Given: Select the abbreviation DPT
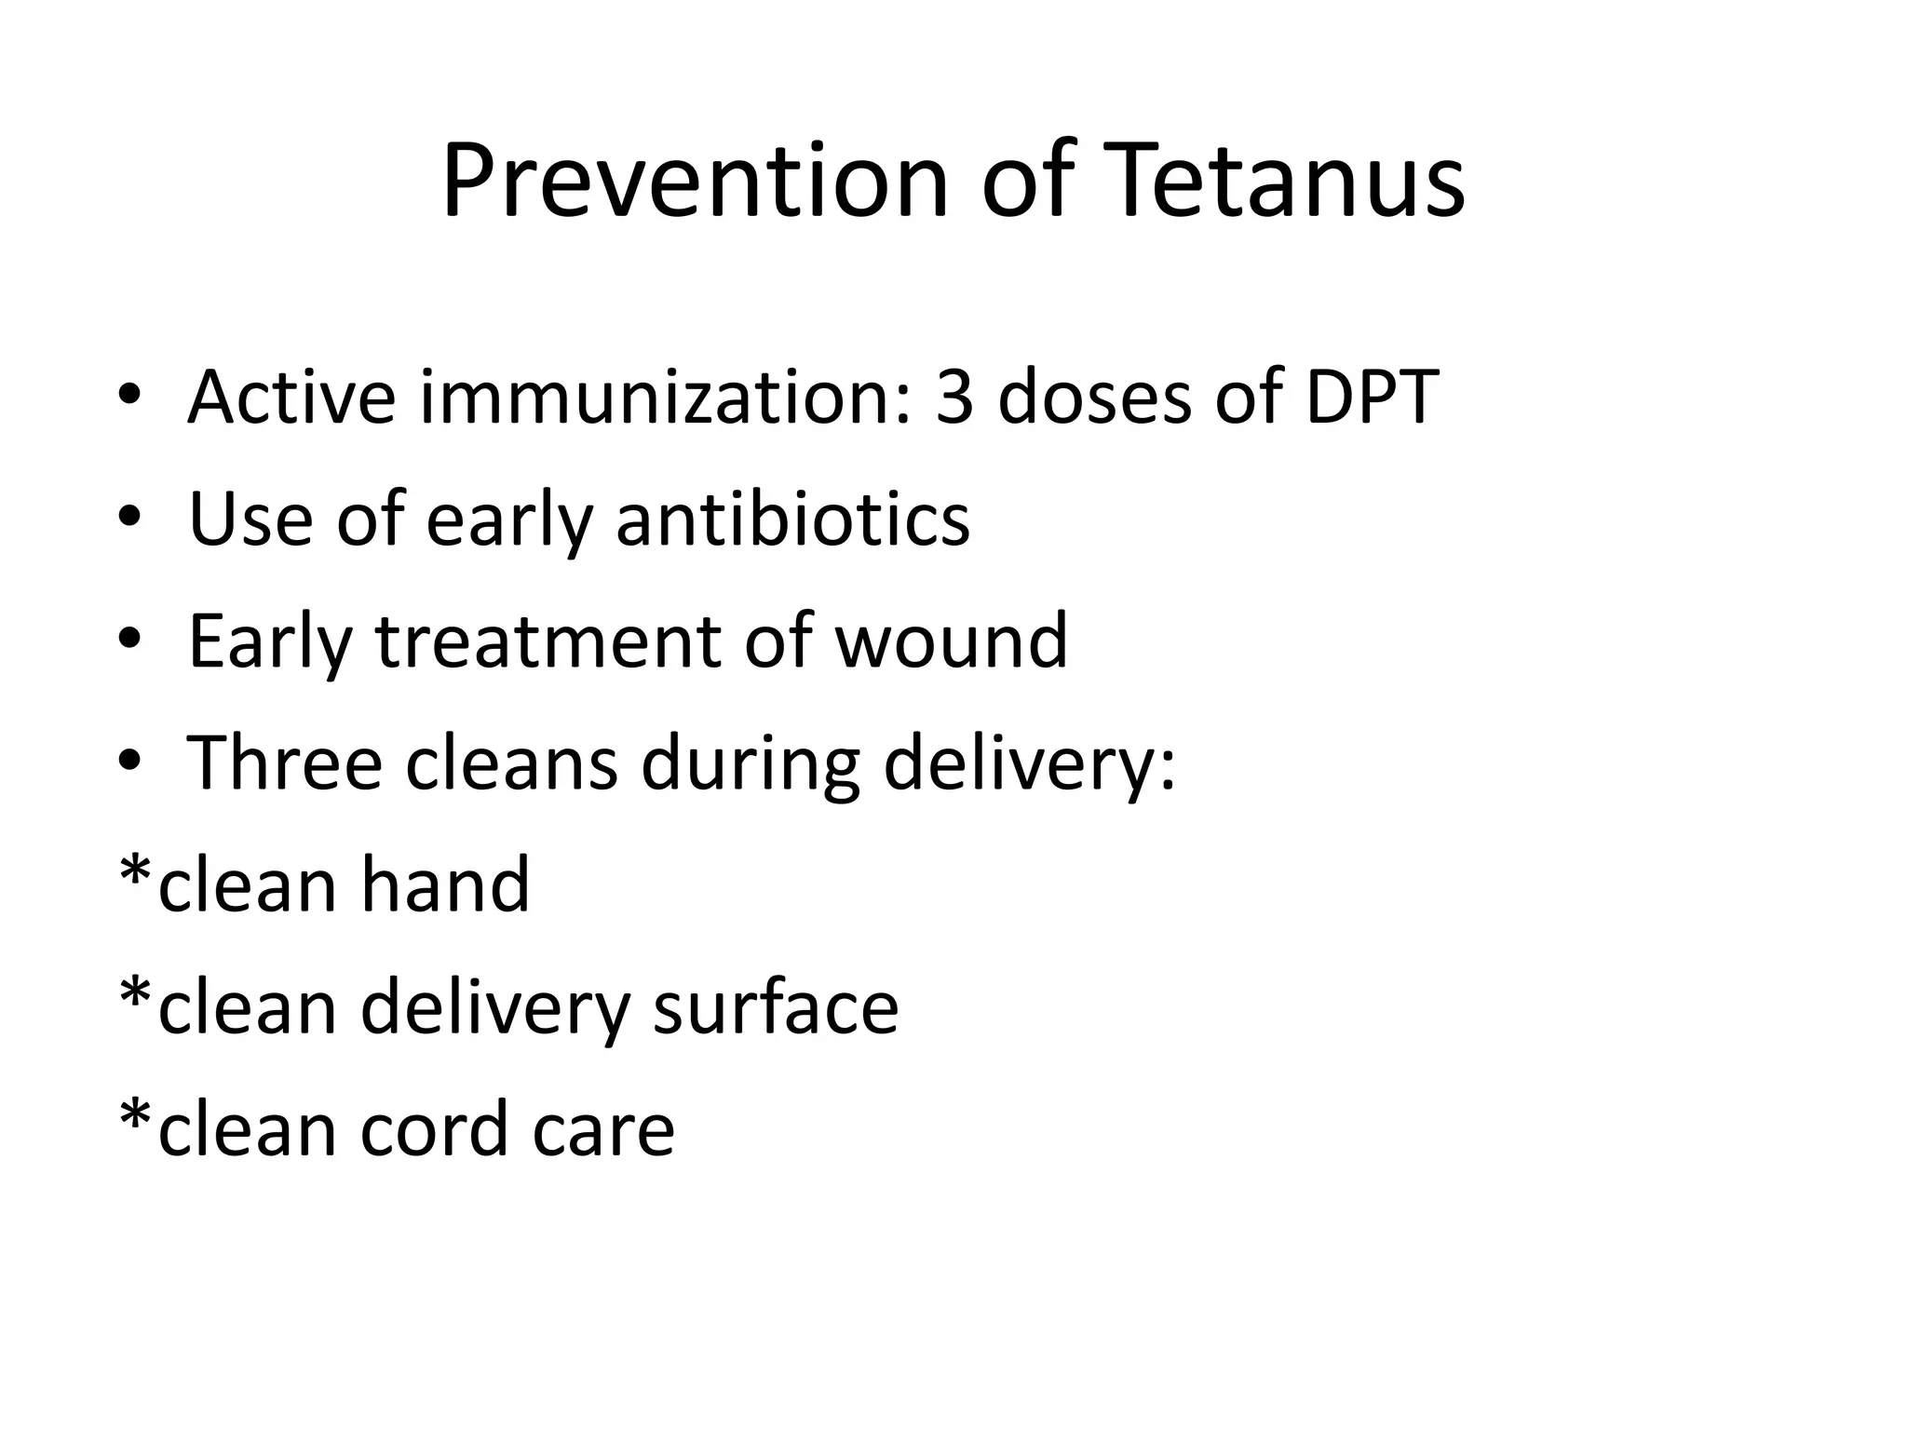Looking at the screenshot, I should (1372, 398).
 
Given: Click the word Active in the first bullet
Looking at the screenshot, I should (291, 398).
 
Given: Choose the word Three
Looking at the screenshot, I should (285, 763).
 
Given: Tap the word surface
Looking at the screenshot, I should (775, 1007).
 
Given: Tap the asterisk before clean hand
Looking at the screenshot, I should (136, 873).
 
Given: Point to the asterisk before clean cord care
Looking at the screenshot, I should (136, 1117).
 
